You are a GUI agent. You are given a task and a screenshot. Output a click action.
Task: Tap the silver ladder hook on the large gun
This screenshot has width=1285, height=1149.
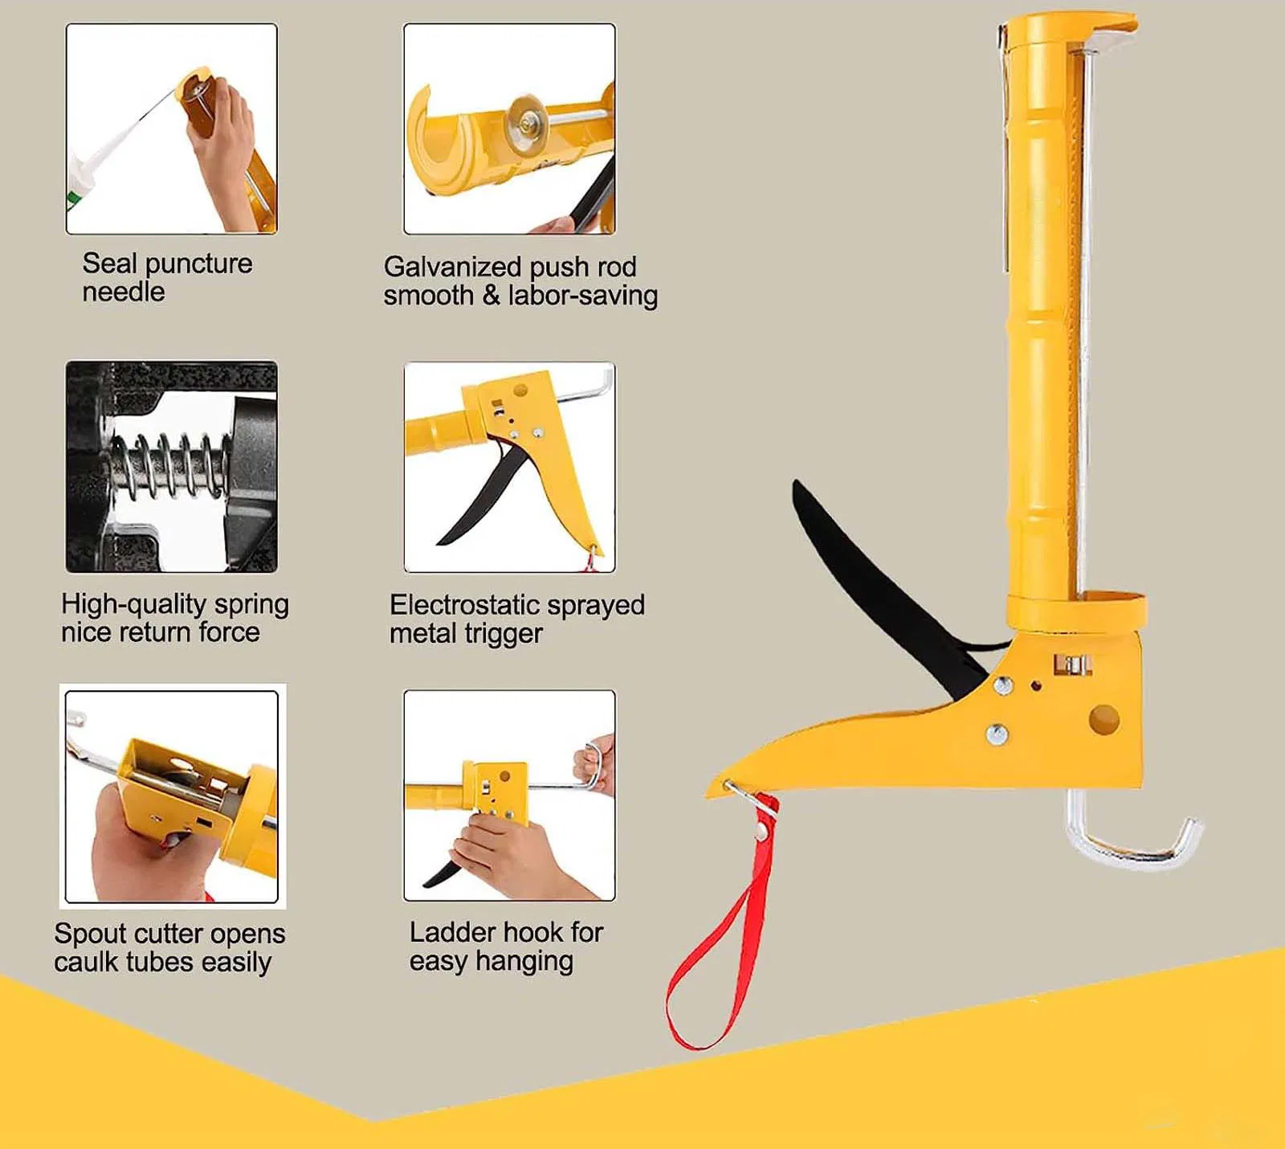1132,852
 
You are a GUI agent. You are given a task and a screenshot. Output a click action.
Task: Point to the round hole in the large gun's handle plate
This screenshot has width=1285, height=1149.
1104,718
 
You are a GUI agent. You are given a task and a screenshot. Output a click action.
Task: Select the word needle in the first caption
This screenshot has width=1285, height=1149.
123,292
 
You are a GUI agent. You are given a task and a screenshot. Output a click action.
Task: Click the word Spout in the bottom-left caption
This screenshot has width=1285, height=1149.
90,934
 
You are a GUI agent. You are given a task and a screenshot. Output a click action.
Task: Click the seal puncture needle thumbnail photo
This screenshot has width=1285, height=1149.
171,129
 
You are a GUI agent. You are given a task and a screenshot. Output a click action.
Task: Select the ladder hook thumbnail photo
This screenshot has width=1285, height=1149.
509,795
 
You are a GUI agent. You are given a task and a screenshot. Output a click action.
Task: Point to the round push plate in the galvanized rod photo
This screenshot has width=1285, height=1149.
526,121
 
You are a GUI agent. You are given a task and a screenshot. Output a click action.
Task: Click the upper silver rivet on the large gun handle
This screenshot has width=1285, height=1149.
1002,685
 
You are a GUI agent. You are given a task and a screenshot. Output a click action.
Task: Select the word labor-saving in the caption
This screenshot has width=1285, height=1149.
582,296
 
